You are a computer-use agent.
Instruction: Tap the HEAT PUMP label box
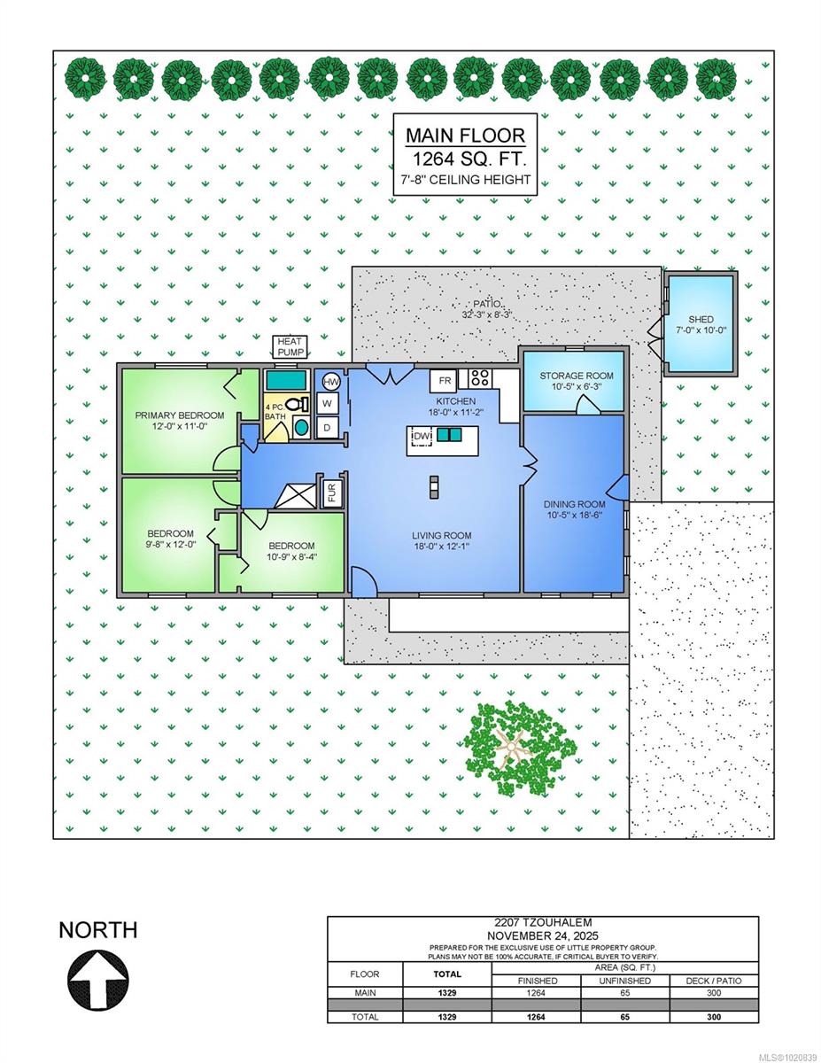click(x=290, y=347)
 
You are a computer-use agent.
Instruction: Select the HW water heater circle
click(x=331, y=382)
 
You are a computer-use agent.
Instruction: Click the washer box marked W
click(x=327, y=404)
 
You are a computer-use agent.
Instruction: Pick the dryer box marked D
click(x=327, y=428)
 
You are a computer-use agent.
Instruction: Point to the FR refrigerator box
click(x=444, y=381)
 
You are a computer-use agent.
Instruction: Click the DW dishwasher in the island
click(x=422, y=436)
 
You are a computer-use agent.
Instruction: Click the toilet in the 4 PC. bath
click(x=297, y=404)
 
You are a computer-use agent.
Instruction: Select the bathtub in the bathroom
click(x=286, y=380)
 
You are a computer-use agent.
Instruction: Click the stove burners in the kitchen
click(x=480, y=378)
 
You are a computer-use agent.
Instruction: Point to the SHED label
click(x=701, y=320)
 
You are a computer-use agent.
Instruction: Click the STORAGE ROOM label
click(x=577, y=376)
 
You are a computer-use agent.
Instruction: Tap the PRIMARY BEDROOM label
click(x=180, y=415)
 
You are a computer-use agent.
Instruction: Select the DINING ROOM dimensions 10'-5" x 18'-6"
click(x=575, y=515)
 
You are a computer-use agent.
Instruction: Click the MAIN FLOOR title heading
click(x=466, y=136)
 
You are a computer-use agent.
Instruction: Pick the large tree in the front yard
click(x=520, y=749)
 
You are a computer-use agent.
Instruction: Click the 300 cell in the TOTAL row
click(x=714, y=1017)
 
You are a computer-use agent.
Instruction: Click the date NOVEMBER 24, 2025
click(x=543, y=936)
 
